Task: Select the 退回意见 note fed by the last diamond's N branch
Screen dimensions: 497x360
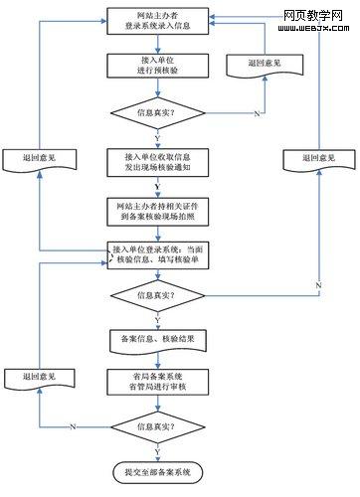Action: coord(37,378)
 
